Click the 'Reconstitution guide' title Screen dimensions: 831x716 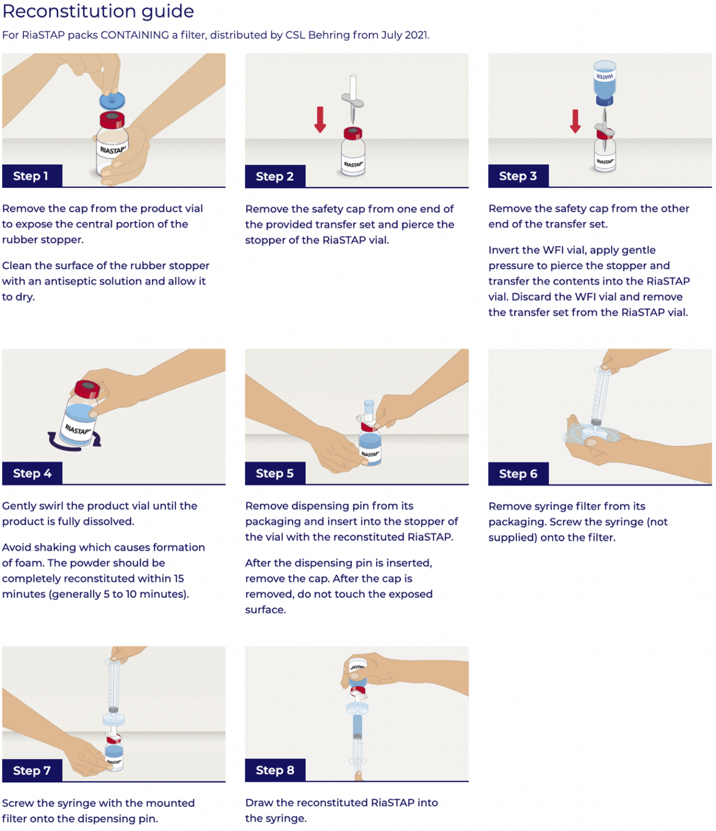[x=98, y=11]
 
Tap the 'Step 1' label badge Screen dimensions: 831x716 [x=31, y=176]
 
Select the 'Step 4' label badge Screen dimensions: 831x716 [x=32, y=473]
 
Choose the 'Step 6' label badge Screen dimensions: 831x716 [x=518, y=474]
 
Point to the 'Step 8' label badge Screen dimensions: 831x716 [x=275, y=770]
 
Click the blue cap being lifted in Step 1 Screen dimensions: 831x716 [x=112, y=101]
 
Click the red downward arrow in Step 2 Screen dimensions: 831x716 [x=320, y=120]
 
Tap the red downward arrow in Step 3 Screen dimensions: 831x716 [x=575, y=121]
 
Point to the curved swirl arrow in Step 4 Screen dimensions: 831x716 [x=73, y=441]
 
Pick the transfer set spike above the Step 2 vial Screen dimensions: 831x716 [x=353, y=101]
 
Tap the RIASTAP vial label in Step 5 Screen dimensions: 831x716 [x=370, y=454]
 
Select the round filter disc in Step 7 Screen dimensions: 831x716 [x=114, y=720]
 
